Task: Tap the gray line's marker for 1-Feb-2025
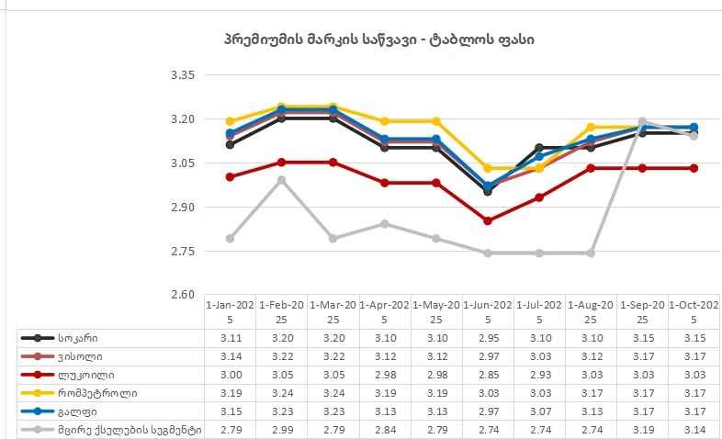coord(282,180)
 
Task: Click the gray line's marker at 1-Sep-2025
coord(642,121)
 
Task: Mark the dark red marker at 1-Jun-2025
coord(488,221)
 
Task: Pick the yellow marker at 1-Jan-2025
coord(231,121)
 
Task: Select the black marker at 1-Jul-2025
coord(539,148)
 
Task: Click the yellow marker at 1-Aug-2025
coord(591,127)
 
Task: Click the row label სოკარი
coord(79,338)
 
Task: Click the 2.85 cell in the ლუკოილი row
coord(488,375)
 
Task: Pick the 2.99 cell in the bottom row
coord(282,429)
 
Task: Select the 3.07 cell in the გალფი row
coord(539,411)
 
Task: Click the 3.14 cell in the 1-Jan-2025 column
coord(231,356)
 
